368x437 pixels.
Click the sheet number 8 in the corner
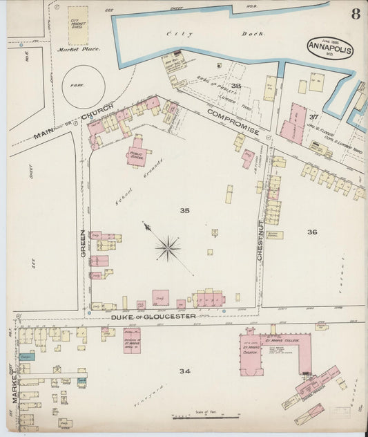coord(354,14)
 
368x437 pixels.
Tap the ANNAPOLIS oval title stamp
coord(330,48)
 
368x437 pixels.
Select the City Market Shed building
coord(78,26)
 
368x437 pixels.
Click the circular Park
coord(84,86)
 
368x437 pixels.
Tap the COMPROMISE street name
coord(233,121)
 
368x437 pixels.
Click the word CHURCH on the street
coord(97,116)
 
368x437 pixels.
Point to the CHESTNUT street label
coord(260,240)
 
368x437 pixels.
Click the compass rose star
coord(168,248)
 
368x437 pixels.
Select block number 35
coord(184,210)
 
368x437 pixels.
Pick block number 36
coord(312,232)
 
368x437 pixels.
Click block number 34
coord(184,371)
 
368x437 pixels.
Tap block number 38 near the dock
coord(235,86)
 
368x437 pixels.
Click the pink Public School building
coord(136,156)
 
